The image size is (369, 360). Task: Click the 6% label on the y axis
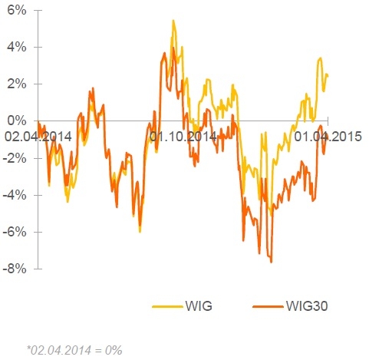pos(17,11)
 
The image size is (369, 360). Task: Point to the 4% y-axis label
pos(17,48)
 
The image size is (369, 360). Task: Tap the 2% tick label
pos(17,84)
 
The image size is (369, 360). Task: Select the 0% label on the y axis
pos(17,121)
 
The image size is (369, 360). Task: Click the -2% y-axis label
pos(15,158)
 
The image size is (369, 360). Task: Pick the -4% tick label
pos(15,195)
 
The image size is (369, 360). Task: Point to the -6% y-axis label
pos(15,232)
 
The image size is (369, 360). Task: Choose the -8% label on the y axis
pos(15,269)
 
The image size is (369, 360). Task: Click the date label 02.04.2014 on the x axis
pos(38,137)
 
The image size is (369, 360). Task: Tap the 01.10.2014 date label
pos(183,137)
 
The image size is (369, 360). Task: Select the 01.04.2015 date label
pos(328,137)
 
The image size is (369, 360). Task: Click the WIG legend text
pos(199,306)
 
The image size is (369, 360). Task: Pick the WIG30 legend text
pos(307,306)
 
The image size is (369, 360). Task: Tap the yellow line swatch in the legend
pos(167,306)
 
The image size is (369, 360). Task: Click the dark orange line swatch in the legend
pos(268,306)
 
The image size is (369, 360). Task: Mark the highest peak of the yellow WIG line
pos(173,21)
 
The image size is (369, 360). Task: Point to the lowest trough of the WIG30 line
pos(272,262)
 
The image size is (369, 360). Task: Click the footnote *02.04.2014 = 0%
pos(74,350)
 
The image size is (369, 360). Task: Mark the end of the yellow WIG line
pos(328,75)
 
